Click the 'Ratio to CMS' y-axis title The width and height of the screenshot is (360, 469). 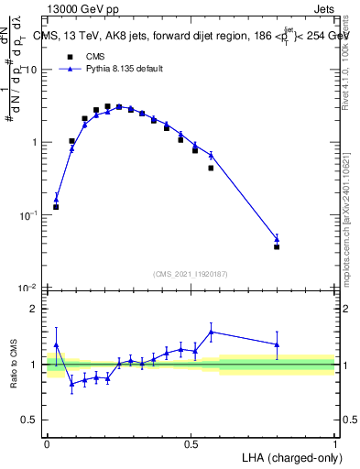pyautogui.click(x=14, y=365)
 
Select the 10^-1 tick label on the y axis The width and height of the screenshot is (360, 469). pyautogui.click(x=28, y=215)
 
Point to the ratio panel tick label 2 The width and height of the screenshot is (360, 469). pyautogui.click(x=36, y=309)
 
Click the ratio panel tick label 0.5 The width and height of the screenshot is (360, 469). pyautogui.click(x=31, y=420)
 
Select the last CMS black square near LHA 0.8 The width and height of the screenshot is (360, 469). pyautogui.click(x=277, y=246)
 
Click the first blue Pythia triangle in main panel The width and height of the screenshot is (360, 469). pyautogui.click(x=56, y=198)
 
